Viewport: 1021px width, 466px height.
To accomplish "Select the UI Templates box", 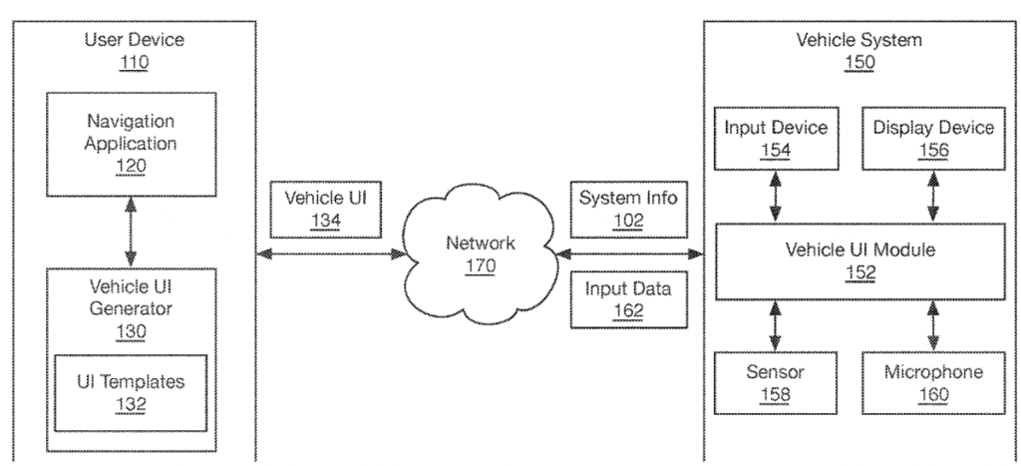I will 131,392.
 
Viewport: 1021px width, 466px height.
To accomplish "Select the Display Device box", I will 933,140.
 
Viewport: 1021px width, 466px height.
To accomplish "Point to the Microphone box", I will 933,383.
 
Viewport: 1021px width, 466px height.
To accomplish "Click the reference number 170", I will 479,266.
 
